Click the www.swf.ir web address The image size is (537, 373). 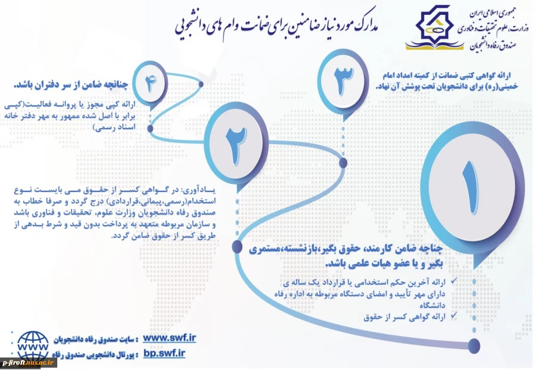point(170,338)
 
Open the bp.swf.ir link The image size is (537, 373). point(165,353)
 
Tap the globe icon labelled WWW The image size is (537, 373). point(33,346)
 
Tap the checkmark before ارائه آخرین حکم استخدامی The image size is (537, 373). point(455,279)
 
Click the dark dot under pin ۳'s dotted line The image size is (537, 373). point(342,161)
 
